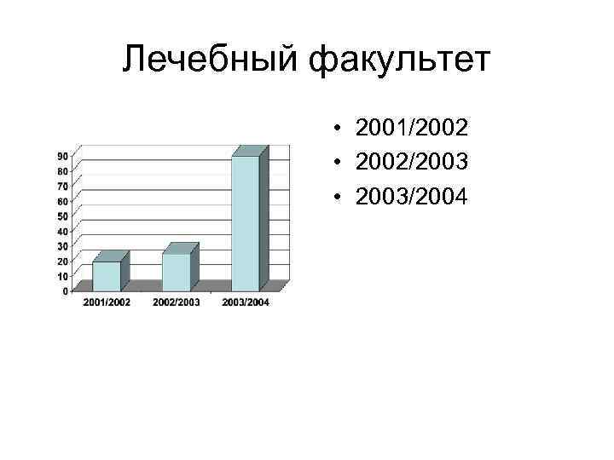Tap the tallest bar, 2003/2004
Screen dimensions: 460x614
246,223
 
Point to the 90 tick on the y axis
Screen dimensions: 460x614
63,156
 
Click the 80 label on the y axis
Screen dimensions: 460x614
63,171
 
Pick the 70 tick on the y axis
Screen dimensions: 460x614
63,186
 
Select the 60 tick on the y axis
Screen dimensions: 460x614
63,201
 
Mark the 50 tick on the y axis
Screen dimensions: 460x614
63,216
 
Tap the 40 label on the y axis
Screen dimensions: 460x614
63,231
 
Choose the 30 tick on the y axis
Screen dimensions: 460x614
63,246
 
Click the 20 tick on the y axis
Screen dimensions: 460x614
63,261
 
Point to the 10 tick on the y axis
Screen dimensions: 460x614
63,276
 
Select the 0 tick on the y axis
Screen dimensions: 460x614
66,290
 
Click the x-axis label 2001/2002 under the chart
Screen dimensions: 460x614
107,302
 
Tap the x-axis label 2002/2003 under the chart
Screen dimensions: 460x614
177,302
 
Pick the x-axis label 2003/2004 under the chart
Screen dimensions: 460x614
246,302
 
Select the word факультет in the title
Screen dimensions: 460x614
401,60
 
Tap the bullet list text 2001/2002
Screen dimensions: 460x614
412,129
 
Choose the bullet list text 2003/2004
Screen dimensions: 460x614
412,198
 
